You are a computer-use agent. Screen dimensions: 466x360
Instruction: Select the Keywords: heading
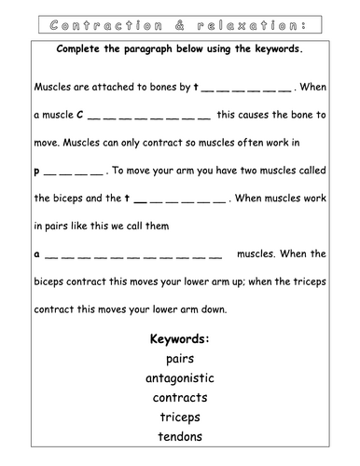(179, 338)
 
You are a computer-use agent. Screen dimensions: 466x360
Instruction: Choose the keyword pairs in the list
(179, 358)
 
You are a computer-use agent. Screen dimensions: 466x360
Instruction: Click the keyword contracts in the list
(179, 397)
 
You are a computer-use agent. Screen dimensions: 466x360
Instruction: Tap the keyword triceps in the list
(179, 417)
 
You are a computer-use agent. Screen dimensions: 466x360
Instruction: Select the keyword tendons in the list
(179, 436)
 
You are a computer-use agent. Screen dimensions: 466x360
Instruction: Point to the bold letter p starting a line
(37, 171)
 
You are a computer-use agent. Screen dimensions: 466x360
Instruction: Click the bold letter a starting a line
(37, 253)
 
